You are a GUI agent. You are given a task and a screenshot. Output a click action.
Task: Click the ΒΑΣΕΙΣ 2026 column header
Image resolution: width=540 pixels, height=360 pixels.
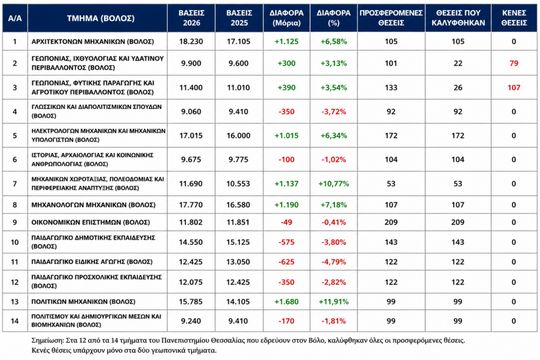pos(191,18)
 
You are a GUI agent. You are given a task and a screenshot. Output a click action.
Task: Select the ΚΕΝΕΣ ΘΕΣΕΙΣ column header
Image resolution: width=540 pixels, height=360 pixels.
pos(514,18)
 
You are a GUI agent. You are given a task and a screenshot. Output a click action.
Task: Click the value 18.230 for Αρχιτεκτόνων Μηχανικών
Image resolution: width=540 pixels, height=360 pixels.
pos(191,42)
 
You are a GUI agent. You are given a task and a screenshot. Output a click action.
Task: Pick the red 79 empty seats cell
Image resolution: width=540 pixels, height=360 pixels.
pos(514,63)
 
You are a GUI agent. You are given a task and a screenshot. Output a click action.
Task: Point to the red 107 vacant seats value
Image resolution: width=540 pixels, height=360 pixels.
pos(514,88)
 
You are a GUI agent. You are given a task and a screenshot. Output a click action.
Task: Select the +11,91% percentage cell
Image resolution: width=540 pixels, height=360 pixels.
pos(333,302)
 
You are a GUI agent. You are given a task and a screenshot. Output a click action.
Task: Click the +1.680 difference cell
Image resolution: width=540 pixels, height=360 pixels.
pos(286,302)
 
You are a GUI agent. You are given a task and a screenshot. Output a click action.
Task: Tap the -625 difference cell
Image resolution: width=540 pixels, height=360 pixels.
pos(286,262)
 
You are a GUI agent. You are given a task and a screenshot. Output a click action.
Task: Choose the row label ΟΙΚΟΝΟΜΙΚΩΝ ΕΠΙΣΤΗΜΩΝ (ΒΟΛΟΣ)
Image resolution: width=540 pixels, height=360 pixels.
pos(91,222)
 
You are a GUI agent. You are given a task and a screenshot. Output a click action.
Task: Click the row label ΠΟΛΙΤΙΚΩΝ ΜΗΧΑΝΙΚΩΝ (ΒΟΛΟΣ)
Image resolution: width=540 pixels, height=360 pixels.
pos(83,302)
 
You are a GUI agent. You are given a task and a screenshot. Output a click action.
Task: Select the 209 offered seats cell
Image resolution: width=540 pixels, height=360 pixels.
pos(391,222)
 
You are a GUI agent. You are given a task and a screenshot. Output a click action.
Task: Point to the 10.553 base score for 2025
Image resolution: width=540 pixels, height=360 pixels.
pos(238,184)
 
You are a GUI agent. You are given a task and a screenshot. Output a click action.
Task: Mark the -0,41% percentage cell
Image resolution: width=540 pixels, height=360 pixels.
pos(333,222)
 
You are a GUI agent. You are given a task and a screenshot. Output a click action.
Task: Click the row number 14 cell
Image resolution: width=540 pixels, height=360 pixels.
pos(15,321)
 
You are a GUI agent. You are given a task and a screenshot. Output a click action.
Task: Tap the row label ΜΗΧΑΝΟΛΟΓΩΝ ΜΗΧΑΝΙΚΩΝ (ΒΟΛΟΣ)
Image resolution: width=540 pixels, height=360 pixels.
pos(93,205)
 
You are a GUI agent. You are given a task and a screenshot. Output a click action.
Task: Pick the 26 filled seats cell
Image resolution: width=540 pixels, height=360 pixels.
pos(458,88)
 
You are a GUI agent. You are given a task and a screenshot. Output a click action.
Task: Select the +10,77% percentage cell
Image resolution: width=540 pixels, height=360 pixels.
pos(333,184)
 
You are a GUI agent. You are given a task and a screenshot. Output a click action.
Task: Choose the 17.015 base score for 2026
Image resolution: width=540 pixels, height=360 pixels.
pos(191,135)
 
